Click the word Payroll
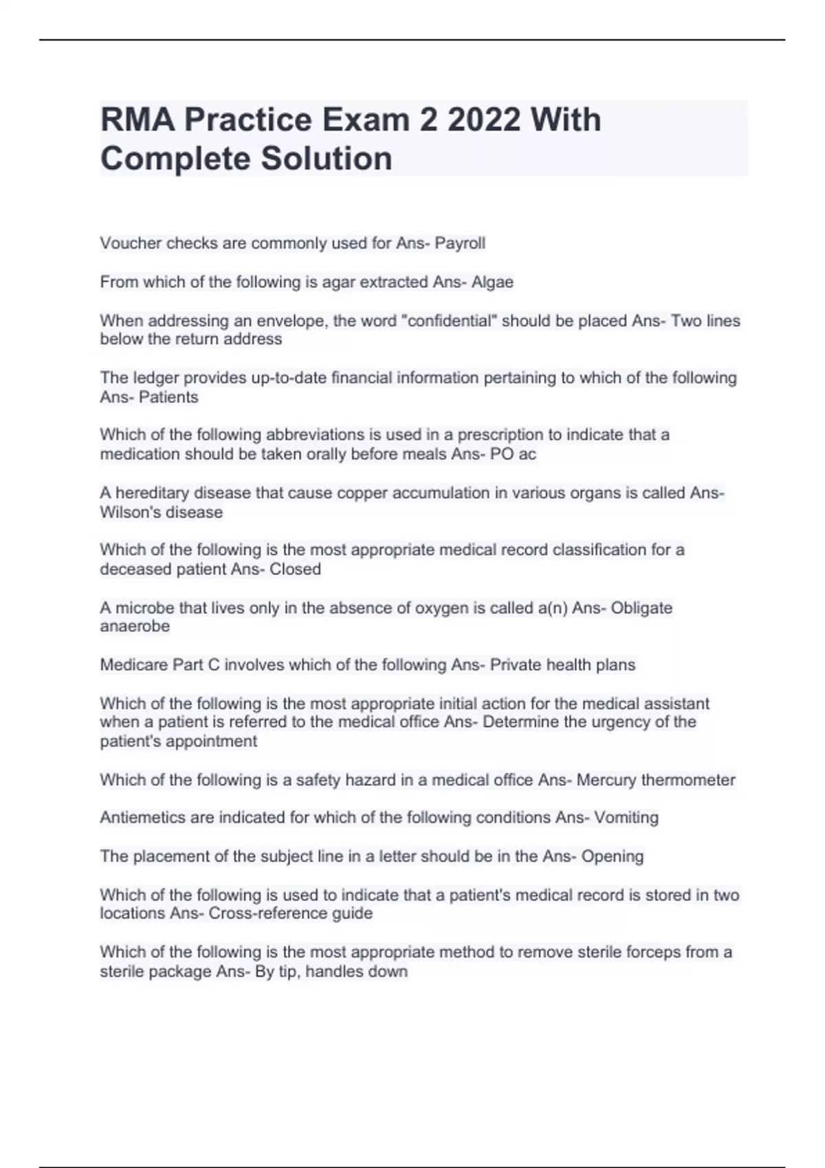click(x=460, y=243)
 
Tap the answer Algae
click(x=492, y=282)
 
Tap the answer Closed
click(x=295, y=570)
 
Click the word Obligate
click(x=641, y=608)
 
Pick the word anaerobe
click(x=135, y=627)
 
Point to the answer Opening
click(x=613, y=857)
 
